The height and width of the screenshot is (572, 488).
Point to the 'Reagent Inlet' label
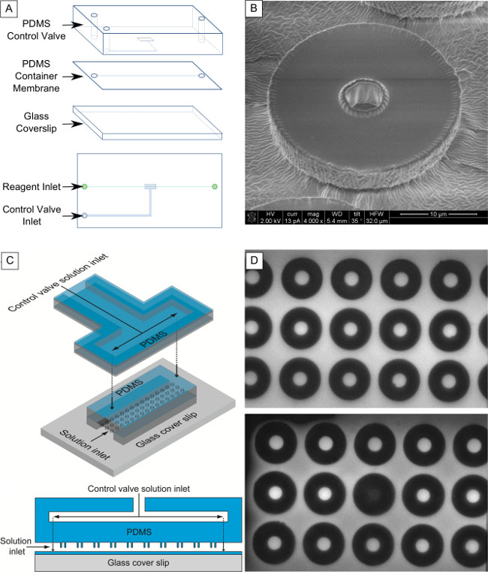[x=32, y=186]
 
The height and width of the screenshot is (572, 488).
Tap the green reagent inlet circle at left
[x=85, y=186]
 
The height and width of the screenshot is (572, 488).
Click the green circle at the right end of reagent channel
[x=215, y=186]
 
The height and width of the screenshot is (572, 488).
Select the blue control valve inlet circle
[x=85, y=215]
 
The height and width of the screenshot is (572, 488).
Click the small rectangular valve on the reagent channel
[x=149, y=186]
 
